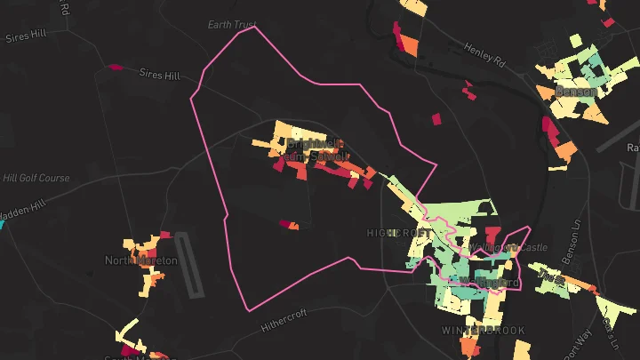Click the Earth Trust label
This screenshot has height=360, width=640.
tap(232, 24)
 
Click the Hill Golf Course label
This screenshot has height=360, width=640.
tap(36, 178)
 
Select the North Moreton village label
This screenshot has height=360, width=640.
tap(141, 260)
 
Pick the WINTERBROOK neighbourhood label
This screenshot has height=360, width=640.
tap(483, 331)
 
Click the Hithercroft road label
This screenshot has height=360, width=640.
tap(284, 320)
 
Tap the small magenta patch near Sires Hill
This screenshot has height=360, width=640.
tap(115, 66)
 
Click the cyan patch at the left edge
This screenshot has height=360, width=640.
tap(2, 224)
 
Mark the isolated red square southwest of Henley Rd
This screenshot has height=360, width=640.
tap(436, 118)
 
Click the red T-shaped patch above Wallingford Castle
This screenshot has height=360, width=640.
tap(492, 236)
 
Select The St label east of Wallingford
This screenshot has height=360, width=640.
tap(551, 277)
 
